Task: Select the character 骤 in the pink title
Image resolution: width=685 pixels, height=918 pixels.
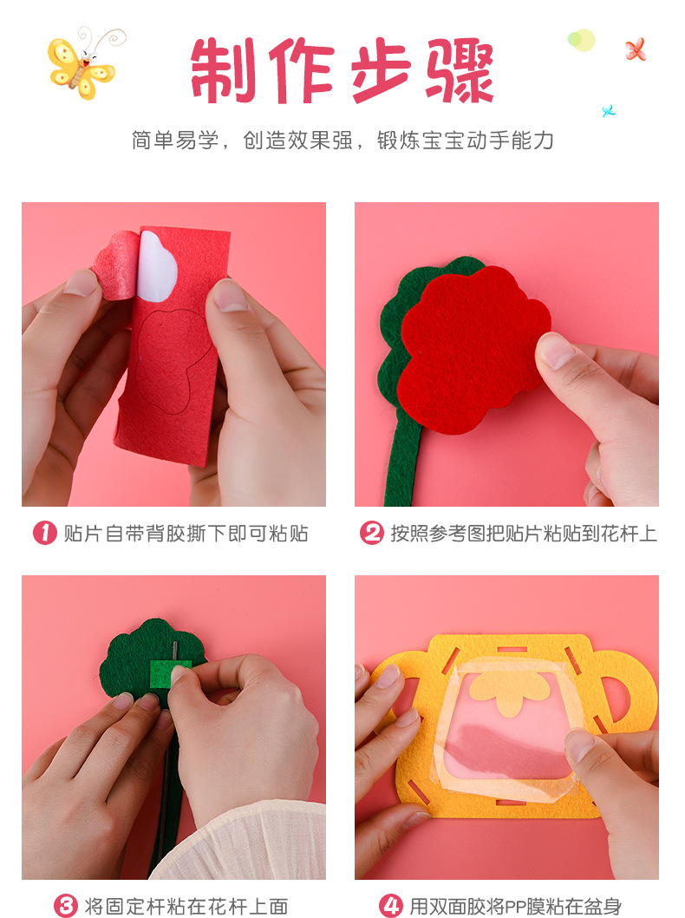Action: (460, 70)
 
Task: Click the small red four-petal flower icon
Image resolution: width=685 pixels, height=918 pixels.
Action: (636, 49)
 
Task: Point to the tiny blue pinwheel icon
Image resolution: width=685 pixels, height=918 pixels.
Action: (609, 111)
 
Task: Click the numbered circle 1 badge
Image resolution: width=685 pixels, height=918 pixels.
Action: (45, 533)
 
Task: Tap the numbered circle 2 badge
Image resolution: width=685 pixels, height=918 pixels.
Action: (371, 533)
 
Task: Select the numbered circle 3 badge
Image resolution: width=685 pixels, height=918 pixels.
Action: (66, 905)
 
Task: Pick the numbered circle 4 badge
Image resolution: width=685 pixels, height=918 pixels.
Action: (391, 905)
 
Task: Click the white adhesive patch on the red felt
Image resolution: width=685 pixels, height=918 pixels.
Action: (157, 266)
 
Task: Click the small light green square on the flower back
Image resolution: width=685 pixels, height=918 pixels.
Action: (170, 674)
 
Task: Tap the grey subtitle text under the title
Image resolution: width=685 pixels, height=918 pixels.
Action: (342, 141)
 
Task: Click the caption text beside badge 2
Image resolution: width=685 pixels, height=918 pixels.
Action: (524, 534)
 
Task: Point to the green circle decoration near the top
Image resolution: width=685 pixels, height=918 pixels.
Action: (580, 40)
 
